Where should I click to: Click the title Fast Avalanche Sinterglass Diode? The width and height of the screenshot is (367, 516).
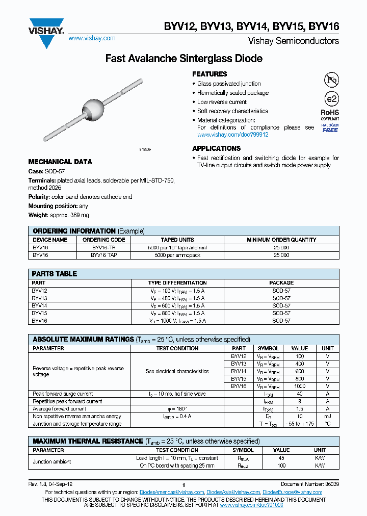(183, 59)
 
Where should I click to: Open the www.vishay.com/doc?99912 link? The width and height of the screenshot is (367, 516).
(232, 135)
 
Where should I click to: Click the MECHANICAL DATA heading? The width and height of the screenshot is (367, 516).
(60, 162)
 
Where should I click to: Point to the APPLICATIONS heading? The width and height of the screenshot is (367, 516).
(216, 148)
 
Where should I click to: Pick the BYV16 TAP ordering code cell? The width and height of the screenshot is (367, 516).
(104, 254)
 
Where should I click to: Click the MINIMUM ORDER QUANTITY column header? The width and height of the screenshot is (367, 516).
(281, 240)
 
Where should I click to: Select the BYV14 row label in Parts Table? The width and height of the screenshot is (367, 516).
(39, 305)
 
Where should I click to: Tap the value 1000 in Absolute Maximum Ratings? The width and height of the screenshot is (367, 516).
(299, 386)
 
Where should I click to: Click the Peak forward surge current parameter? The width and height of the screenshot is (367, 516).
(63, 394)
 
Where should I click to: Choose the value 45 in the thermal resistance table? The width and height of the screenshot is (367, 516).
(281, 458)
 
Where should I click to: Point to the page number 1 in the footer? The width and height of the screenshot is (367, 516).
(183, 485)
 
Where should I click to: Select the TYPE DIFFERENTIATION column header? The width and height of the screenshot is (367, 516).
(177, 282)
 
